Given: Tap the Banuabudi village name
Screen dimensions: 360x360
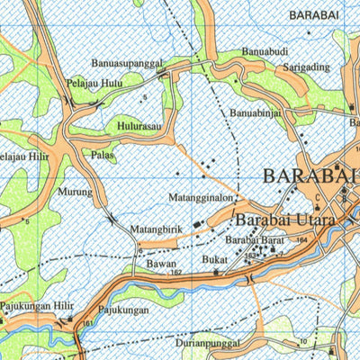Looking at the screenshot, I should coord(265,52).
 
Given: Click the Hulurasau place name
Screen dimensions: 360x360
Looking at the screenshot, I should coord(139,127).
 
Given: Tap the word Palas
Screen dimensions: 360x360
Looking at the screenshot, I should coord(103,155).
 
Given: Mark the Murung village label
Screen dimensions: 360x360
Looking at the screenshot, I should coord(76,192).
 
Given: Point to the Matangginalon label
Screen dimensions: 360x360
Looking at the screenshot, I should coord(200,197).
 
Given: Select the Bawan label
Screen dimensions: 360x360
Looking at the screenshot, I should coord(160,263).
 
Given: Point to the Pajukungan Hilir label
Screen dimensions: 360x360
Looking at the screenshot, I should coord(36,307).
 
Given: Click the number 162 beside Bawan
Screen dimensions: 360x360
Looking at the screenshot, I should coord(176,271).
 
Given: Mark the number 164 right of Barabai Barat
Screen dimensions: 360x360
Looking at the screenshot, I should coord(301,240).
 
